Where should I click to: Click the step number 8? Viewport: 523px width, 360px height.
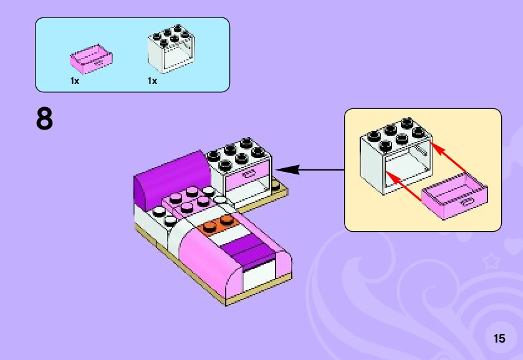45,120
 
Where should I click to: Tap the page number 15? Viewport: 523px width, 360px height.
499,339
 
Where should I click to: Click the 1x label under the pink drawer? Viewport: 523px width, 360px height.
75,82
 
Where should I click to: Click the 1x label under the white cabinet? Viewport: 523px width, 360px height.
152,82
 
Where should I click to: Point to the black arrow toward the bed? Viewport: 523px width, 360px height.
308,169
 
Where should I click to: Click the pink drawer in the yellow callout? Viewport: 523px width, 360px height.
455,196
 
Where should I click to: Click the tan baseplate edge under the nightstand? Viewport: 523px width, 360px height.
262,203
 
